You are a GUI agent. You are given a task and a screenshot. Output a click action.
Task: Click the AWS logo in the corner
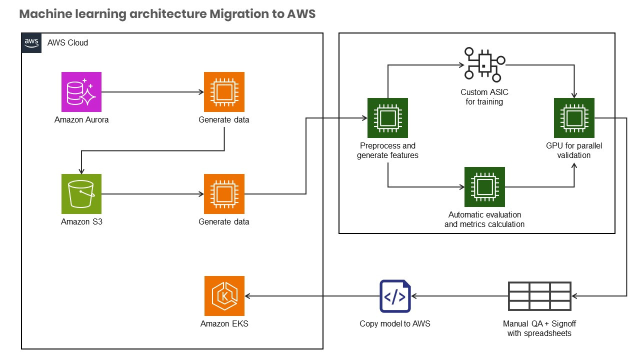[31, 43]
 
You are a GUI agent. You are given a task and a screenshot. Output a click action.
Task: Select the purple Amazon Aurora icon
[81, 92]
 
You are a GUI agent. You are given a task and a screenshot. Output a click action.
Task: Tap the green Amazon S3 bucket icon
[81, 194]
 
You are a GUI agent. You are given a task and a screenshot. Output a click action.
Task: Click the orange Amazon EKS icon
[224, 296]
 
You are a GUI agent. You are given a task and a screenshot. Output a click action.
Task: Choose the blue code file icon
[395, 296]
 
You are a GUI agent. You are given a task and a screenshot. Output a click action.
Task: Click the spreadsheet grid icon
[539, 296]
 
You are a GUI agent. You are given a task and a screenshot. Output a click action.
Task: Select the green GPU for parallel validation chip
[574, 118]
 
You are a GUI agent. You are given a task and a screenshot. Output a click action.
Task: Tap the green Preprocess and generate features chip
[387, 118]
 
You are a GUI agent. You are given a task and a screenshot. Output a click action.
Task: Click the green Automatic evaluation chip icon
[484, 187]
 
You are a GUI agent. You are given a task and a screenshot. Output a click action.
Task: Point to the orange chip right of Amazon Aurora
[224, 92]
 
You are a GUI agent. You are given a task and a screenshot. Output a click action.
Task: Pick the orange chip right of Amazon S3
[224, 194]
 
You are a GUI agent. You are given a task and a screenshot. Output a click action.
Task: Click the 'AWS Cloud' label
[67, 43]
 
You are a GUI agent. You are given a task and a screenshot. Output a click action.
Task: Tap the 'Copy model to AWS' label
[395, 323]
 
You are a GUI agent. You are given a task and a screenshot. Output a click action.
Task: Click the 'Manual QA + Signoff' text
[539, 323]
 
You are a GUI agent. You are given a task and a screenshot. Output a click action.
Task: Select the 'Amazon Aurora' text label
[81, 120]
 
